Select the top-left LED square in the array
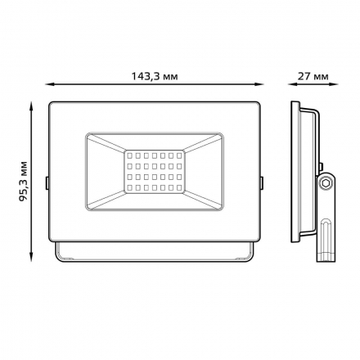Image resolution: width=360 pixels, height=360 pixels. [130, 154]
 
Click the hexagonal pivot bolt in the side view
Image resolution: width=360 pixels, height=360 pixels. [326, 185]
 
